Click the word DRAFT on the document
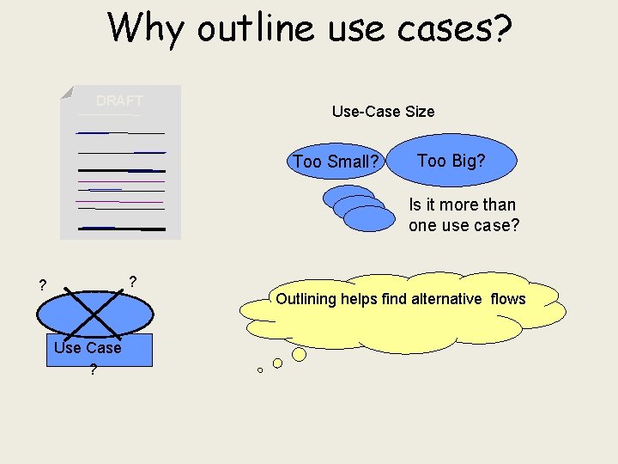point(119,101)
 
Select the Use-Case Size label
point(383,111)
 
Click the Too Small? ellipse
point(336,162)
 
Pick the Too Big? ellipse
point(451,160)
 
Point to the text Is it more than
point(462,205)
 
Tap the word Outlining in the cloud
point(306,298)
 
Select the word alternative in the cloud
point(446,298)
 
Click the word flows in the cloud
point(508,298)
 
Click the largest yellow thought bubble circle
point(299,354)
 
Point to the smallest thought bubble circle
point(260,370)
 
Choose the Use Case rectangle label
point(88,347)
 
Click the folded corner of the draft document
point(66,92)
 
